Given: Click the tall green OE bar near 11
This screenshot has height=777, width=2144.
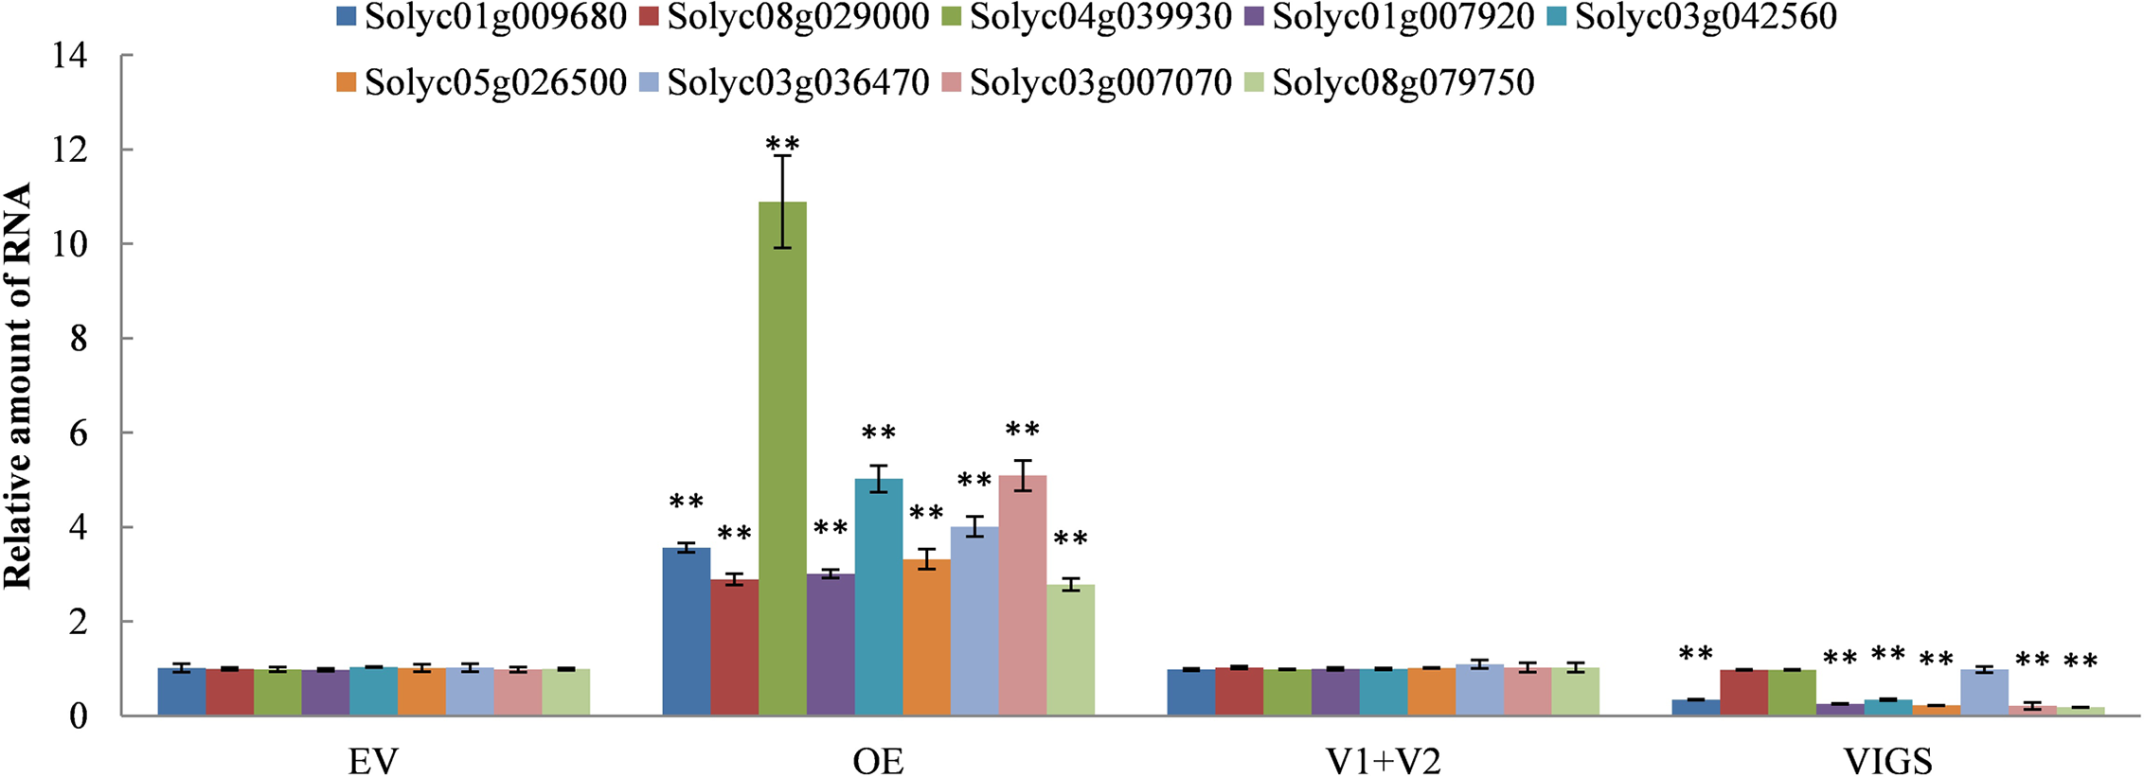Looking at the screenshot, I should (x=782, y=459).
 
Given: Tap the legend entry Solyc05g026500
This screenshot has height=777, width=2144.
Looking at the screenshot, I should (x=483, y=82).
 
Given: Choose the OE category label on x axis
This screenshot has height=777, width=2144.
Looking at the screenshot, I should (x=878, y=760).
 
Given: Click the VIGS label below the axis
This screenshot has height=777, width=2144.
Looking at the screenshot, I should (x=1887, y=760).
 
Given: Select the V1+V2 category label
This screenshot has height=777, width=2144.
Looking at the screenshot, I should (x=1383, y=760).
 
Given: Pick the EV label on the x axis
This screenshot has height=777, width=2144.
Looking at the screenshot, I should (x=373, y=760).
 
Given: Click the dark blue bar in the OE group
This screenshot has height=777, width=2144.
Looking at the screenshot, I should (x=686, y=631).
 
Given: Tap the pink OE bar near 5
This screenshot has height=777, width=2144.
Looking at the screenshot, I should (x=1023, y=595).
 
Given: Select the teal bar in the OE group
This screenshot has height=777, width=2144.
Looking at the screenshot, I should (x=878, y=597).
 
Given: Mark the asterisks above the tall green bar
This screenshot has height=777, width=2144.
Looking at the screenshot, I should (x=782, y=145).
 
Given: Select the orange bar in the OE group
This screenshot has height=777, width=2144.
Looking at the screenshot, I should (x=926, y=637).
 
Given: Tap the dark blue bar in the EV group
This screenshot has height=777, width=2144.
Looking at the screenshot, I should (x=182, y=692).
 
